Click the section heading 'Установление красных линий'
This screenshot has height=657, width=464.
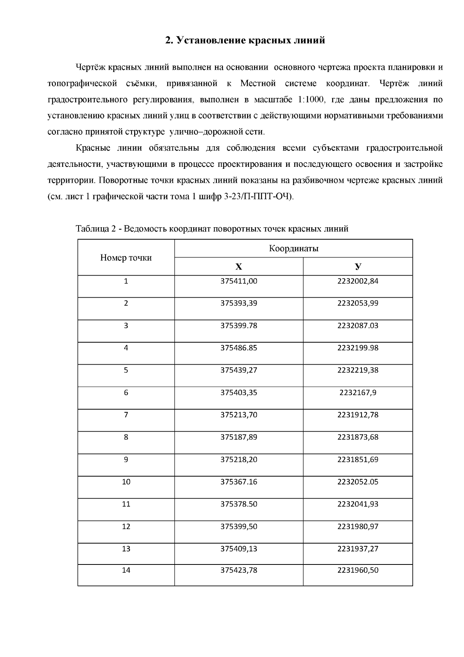pyautogui.click(x=245, y=40)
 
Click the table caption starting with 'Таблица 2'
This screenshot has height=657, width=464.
pyautogui.click(x=212, y=229)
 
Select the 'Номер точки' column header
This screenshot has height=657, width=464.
pyautogui.click(x=126, y=258)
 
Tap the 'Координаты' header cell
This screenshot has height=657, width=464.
pyautogui.click(x=293, y=249)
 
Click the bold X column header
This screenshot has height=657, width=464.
pyautogui.click(x=239, y=267)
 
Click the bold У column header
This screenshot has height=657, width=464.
pyautogui.click(x=358, y=267)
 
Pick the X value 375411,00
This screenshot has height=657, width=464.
pyautogui.click(x=239, y=281)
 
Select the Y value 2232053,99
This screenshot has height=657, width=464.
pyautogui.click(x=358, y=304)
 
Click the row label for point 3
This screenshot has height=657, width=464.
pyautogui.click(x=126, y=326)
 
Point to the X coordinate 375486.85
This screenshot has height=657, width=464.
pyautogui.click(x=239, y=348)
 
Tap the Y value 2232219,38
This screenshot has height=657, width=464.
pyautogui.click(x=358, y=370)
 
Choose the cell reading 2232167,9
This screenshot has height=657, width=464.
pyautogui.click(x=358, y=393)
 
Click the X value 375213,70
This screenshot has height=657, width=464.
pyautogui.click(x=239, y=415)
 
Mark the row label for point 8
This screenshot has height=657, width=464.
pyautogui.click(x=126, y=437)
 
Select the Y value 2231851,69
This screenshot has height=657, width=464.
pyautogui.click(x=358, y=460)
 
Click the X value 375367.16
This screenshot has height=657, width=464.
pyautogui.click(x=239, y=482)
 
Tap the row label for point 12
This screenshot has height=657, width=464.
pyautogui.click(x=126, y=527)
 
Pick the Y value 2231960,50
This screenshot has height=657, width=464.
pyautogui.click(x=358, y=570)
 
